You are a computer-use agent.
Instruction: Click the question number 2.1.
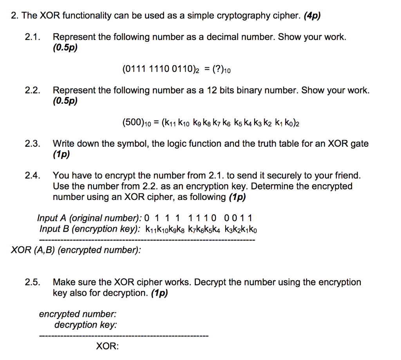[x=33, y=37]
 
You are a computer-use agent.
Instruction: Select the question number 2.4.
[x=33, y=175]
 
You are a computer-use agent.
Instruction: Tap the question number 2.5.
[x=33, y=282]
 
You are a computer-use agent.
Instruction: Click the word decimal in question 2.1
[x=226, y=37]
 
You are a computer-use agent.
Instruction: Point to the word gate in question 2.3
[x=359, y=144]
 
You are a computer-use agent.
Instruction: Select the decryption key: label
[x=85, y=325]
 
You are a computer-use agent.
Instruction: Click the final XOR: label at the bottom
[x=108, y=346]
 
